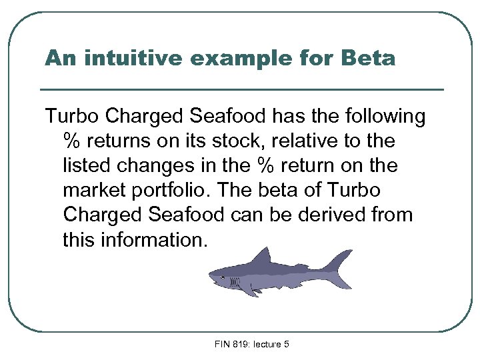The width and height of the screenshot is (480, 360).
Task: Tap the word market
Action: (97, 190)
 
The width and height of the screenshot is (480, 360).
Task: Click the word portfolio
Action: (169, 190)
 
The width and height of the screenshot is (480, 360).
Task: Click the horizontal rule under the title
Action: (241, 89)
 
